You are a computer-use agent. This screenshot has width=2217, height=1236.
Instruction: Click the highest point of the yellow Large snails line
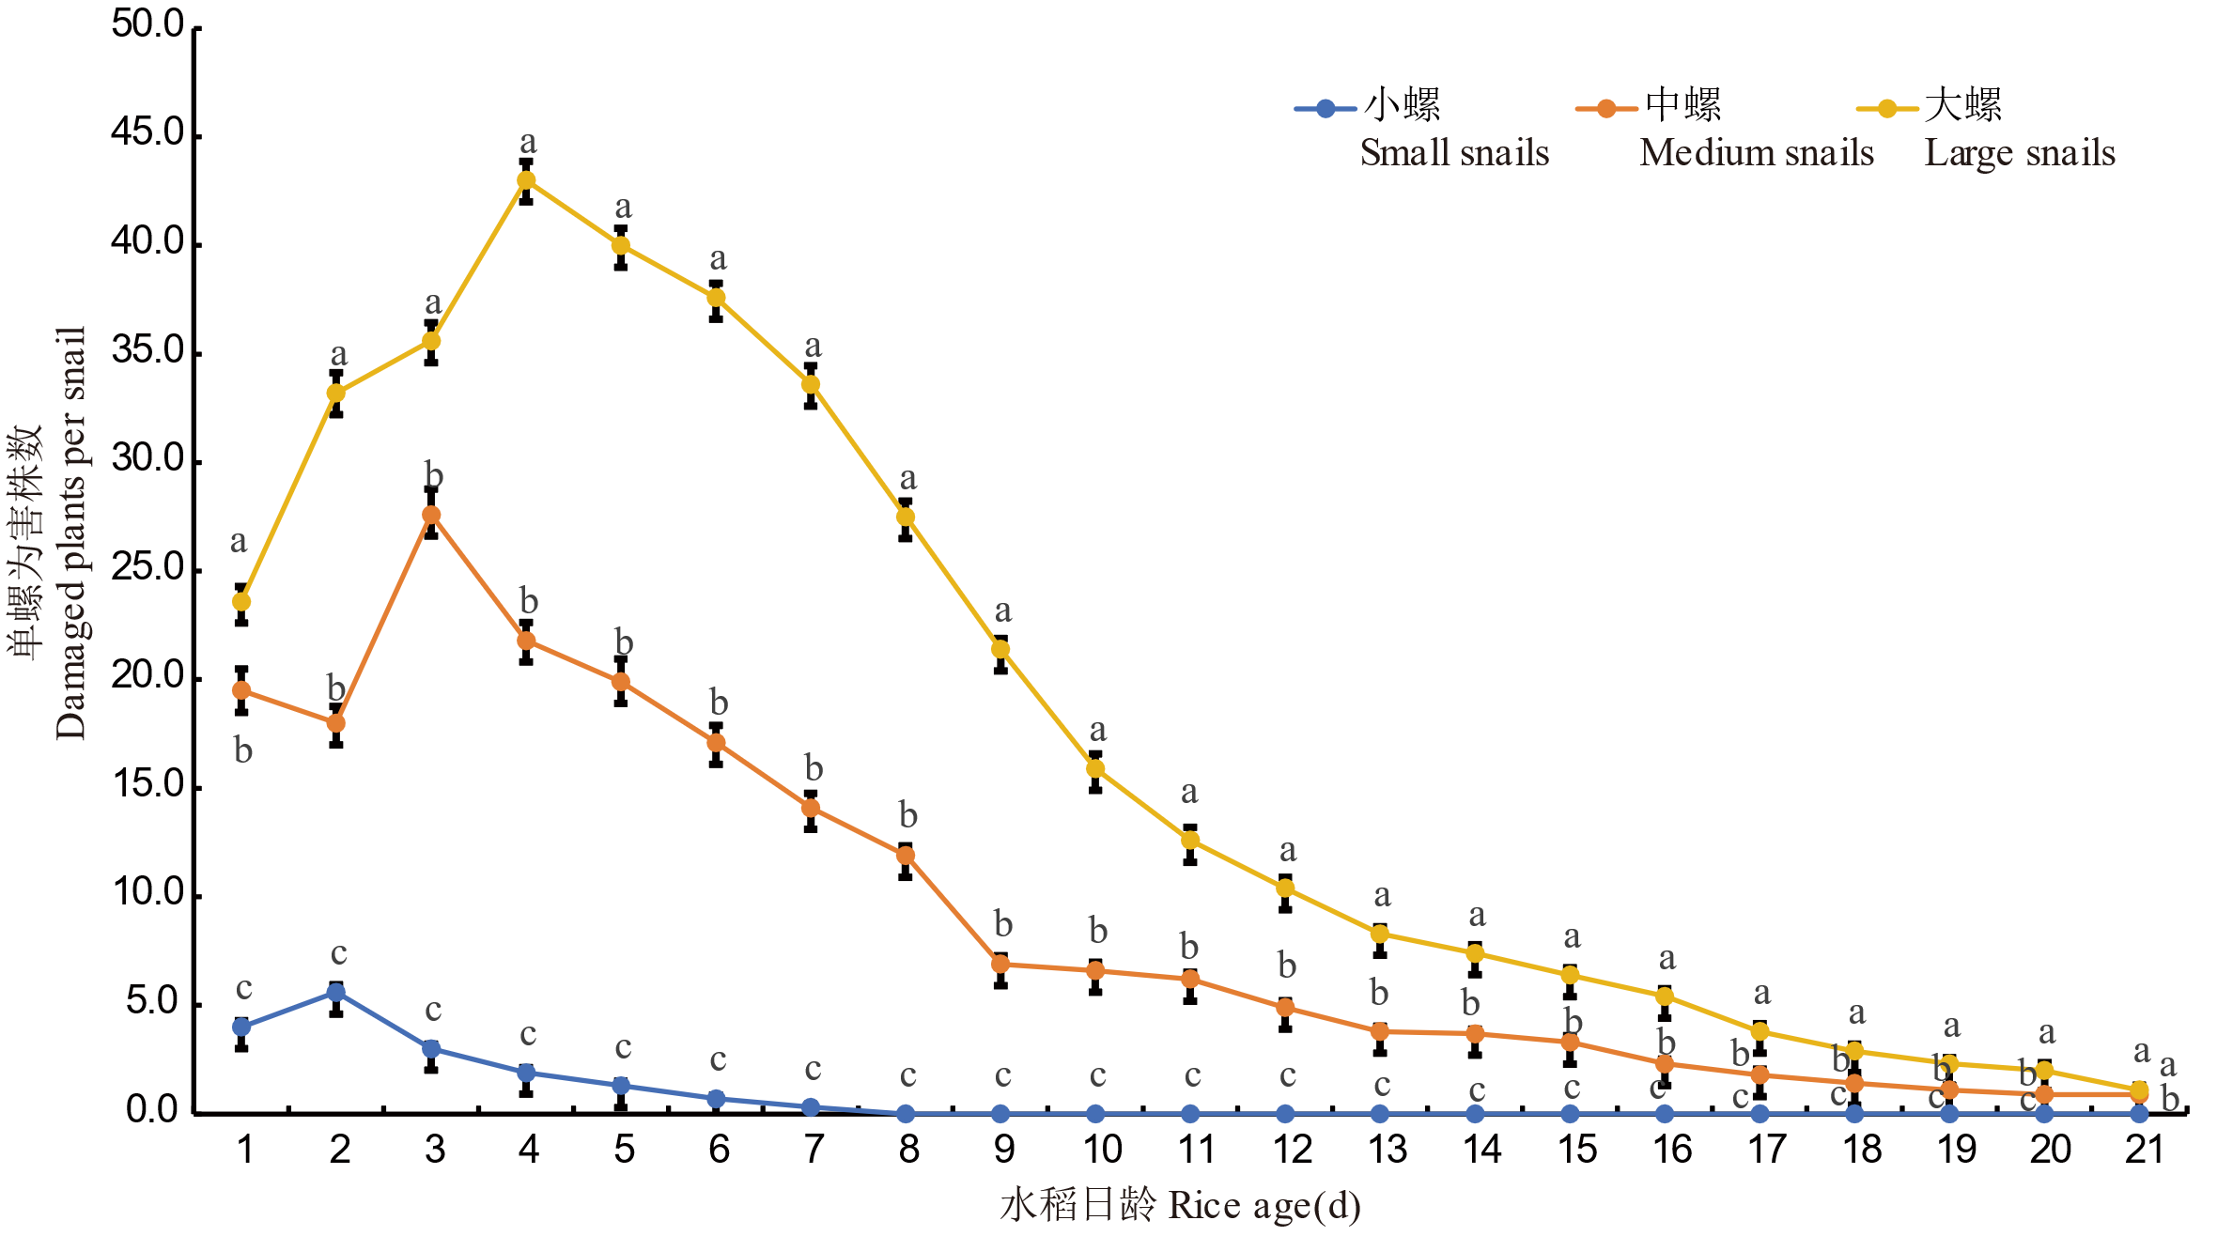527,179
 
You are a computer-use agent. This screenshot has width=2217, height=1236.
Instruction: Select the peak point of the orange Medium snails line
431,515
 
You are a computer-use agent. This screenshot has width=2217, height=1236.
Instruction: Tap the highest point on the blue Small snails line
336,993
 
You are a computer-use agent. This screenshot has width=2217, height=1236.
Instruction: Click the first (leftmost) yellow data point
241,601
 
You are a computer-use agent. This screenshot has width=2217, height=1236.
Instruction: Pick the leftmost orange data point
241,690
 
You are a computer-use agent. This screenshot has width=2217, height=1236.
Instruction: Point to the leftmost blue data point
241,1027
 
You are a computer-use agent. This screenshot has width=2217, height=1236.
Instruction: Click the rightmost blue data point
2139,1114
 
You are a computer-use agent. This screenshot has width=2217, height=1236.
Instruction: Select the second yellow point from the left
336,393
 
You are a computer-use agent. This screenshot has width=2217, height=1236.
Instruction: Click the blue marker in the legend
1326,109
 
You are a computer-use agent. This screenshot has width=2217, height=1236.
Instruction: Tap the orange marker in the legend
1606,109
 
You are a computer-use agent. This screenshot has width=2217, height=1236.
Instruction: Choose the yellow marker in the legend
1887,109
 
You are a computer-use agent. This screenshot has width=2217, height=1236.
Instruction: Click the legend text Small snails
1454,153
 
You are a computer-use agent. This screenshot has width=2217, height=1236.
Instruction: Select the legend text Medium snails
1756,153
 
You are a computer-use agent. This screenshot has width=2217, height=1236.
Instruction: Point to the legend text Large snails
2020,153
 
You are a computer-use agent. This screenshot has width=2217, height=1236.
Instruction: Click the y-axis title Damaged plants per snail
70,533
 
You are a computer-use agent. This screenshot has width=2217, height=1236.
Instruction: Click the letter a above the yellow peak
528,143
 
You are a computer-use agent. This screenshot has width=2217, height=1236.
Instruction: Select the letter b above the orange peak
433,475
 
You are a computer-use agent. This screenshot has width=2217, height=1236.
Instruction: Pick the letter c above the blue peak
339,954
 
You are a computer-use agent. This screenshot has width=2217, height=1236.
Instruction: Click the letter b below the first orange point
243,750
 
